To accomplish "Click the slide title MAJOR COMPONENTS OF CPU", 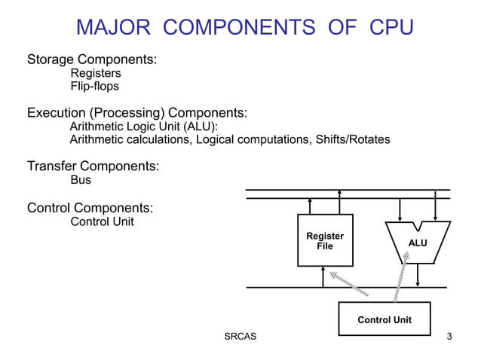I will [x=245, y=28].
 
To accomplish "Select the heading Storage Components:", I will [x=92, y=59].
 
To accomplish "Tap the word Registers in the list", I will [x=96, y=73].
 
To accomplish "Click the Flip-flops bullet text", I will [x=94, y=87].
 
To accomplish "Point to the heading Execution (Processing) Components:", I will [x=137, y=113].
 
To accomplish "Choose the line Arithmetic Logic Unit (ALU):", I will [x=144, y=127].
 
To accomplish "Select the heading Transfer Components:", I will [x=93, y=166].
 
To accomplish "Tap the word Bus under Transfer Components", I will [x=81, y=180].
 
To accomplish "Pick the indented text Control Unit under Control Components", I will [x=102, y=221].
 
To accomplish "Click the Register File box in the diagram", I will [x=325, y=240].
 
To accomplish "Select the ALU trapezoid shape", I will [x=417, y=242].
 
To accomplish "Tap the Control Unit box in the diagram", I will [x=384, y=319].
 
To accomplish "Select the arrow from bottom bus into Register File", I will [x=323, y=277].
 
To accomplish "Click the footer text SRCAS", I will [x=240, y=336].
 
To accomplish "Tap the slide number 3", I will [x=449, y=336].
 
